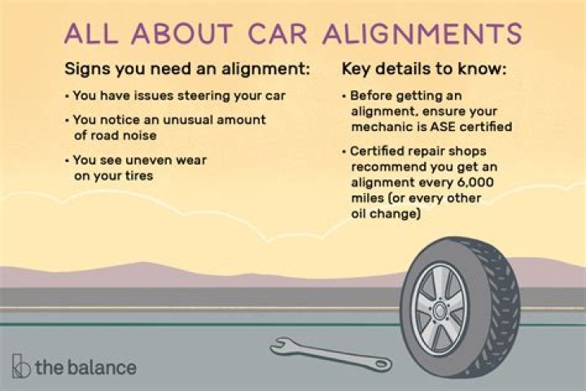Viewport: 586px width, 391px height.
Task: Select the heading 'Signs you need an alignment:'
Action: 187,69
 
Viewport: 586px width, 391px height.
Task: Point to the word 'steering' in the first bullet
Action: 219,95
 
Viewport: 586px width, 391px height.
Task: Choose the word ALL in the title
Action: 89,34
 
